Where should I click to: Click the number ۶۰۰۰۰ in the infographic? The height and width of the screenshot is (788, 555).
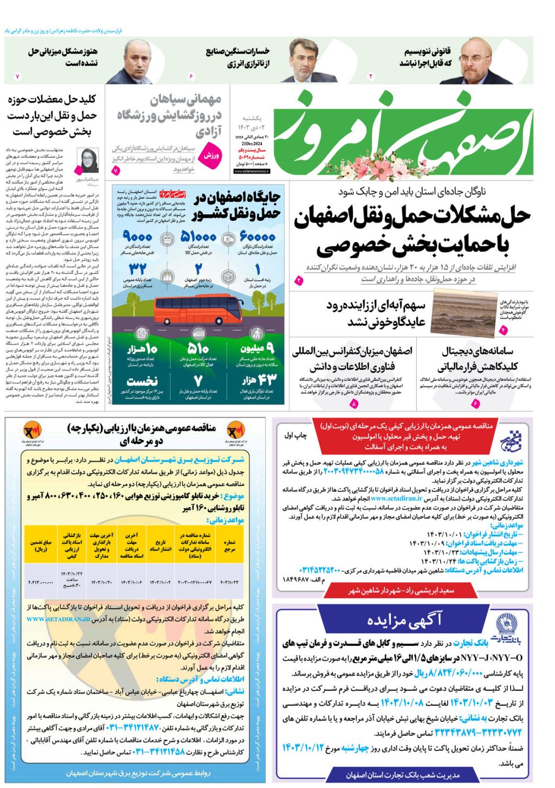pyautogui.click(x=257, y=237)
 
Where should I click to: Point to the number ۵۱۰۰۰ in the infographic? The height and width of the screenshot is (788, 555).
pyautogui.click(x=198, y=237)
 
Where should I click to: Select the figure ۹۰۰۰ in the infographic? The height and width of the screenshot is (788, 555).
pyautogui.click(x=138, y=237)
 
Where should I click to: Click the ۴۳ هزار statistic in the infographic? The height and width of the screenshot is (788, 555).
pyautogui.click(x=259, y=380)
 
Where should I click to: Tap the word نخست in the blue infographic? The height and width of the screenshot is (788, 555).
pyautogui.click(x=142, y=381)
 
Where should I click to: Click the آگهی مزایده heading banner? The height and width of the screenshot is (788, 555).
pyautogui.click(x=404, y=619)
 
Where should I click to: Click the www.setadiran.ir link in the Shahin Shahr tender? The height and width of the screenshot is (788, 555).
pyautogui.click(x=396, y=498)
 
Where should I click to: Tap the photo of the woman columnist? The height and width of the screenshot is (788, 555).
pyautogui.click(x=88, y=160)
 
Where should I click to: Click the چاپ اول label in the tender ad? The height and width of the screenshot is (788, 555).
pyautogui.click(x=295, y=435)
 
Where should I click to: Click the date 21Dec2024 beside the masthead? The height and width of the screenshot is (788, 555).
pyautogui.click(x=251, y=143)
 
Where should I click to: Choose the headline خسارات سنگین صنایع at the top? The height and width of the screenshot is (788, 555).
pyautogui.click(x=237, y=52)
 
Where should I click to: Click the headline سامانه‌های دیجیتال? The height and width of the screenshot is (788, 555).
pyautogui.click(x=477, y=351)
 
